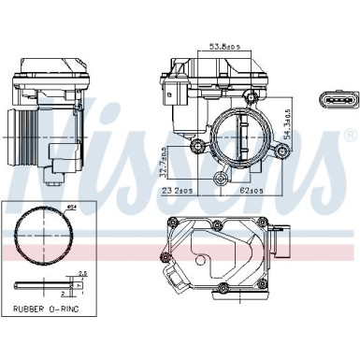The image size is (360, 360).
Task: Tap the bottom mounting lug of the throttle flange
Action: tap(222, 180)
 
